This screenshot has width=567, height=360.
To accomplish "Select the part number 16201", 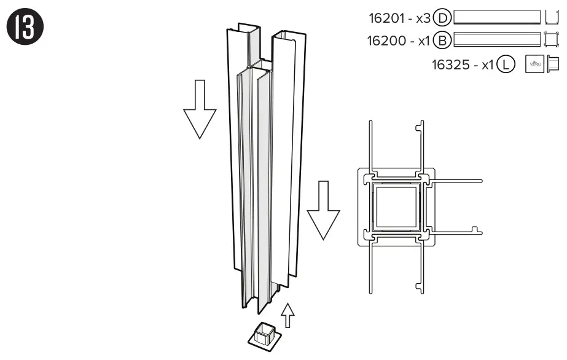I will click(386, 19).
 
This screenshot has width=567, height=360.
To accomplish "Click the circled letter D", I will click(443, 18).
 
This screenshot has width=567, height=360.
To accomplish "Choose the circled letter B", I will click(443, 41).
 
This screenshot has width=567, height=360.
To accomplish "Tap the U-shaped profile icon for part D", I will click(551, 17).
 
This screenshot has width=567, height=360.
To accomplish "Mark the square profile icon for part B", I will click(552, 40).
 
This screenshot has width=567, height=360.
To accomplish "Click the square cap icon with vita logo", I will click(533, 65).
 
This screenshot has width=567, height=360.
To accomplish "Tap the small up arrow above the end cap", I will click(287, 315).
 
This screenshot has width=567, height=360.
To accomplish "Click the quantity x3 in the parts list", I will click(422, 19).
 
